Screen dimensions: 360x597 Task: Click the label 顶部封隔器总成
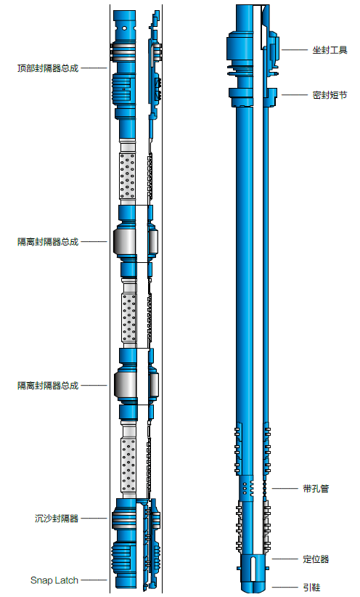coord(48,68)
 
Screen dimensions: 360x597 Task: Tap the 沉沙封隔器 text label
coord(57,518)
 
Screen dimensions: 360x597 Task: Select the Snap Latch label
coord(54,580)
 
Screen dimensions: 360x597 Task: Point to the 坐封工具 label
coord(330,50)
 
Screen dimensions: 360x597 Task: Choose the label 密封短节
coord(330,95)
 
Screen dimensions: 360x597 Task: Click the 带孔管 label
coord(316,489)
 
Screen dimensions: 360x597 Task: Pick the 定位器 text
coord(316,559)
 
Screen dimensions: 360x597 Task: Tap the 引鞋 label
coord(311,588)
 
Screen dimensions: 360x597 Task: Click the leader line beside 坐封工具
coord(294,50)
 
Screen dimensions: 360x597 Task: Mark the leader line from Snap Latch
coord(94,580)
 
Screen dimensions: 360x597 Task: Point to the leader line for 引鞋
coord(285,588)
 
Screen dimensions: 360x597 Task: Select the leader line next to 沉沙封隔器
coord(94,518)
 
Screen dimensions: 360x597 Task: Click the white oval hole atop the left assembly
coord(124,28)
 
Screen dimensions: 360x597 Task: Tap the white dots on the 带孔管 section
coord(246,488)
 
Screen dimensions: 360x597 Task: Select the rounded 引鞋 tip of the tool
coord(253,586)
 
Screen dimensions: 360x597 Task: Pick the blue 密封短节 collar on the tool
coord(253,97)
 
